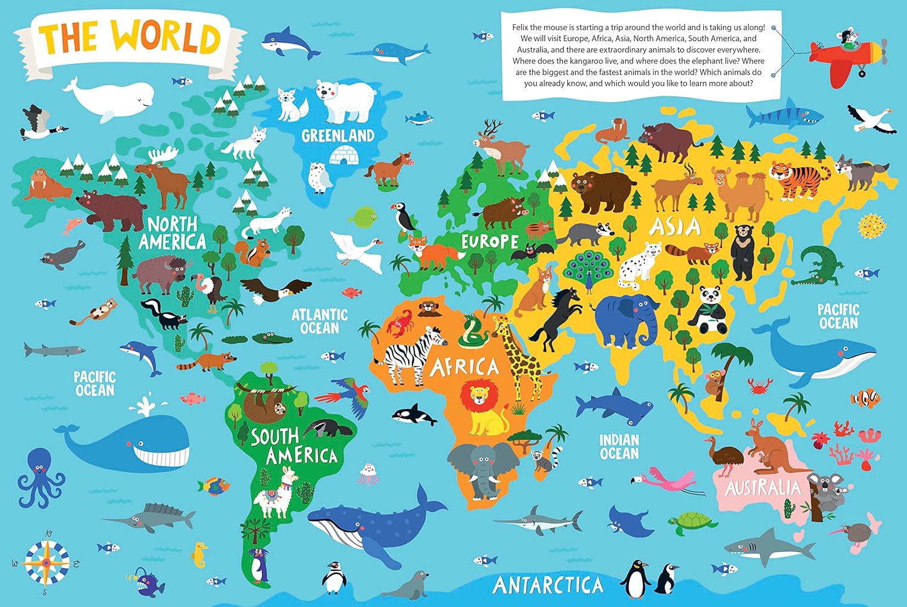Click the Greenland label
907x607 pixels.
[338, 136]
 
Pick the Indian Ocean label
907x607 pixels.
[619, 447]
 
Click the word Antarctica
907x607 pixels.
[548, 585]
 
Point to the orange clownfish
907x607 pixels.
[866, 398]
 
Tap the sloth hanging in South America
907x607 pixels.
[266, 406]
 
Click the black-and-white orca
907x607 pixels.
[414, 416]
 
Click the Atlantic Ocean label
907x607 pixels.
[320, 321]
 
